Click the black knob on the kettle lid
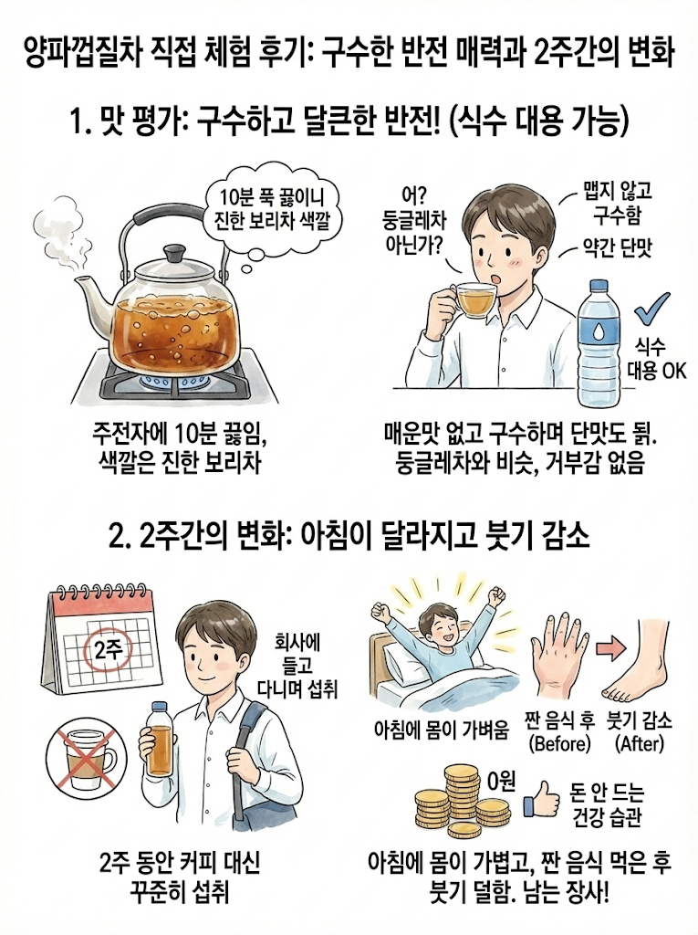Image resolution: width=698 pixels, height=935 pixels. point(174,252)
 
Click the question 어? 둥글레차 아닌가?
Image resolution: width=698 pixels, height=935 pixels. point(415,220)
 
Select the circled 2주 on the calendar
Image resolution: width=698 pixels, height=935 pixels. point(108,649)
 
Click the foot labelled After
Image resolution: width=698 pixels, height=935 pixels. point(635,662)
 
